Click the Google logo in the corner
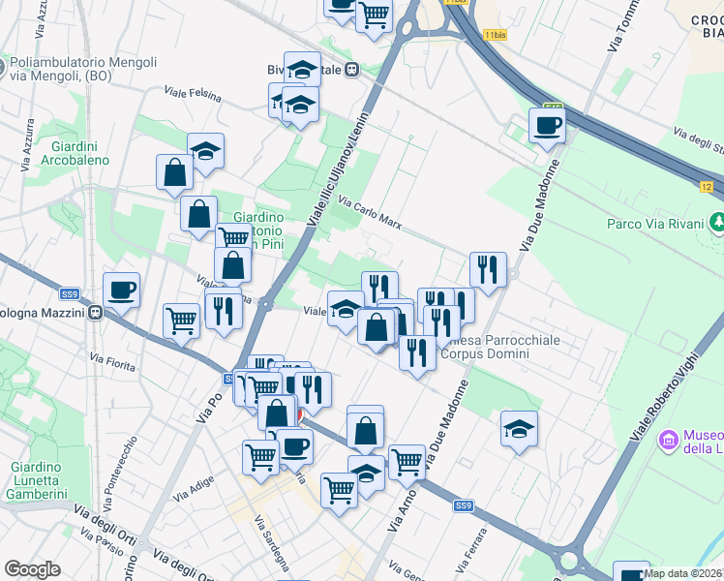tap(32, 569)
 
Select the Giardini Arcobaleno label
tap(75, 152)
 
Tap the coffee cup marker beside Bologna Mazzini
tap(122, 290)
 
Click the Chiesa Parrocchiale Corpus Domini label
tap(484, 346)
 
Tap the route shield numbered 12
tap(707, 185)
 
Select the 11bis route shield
tap(495, 35)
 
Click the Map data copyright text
tap(683, 573)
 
